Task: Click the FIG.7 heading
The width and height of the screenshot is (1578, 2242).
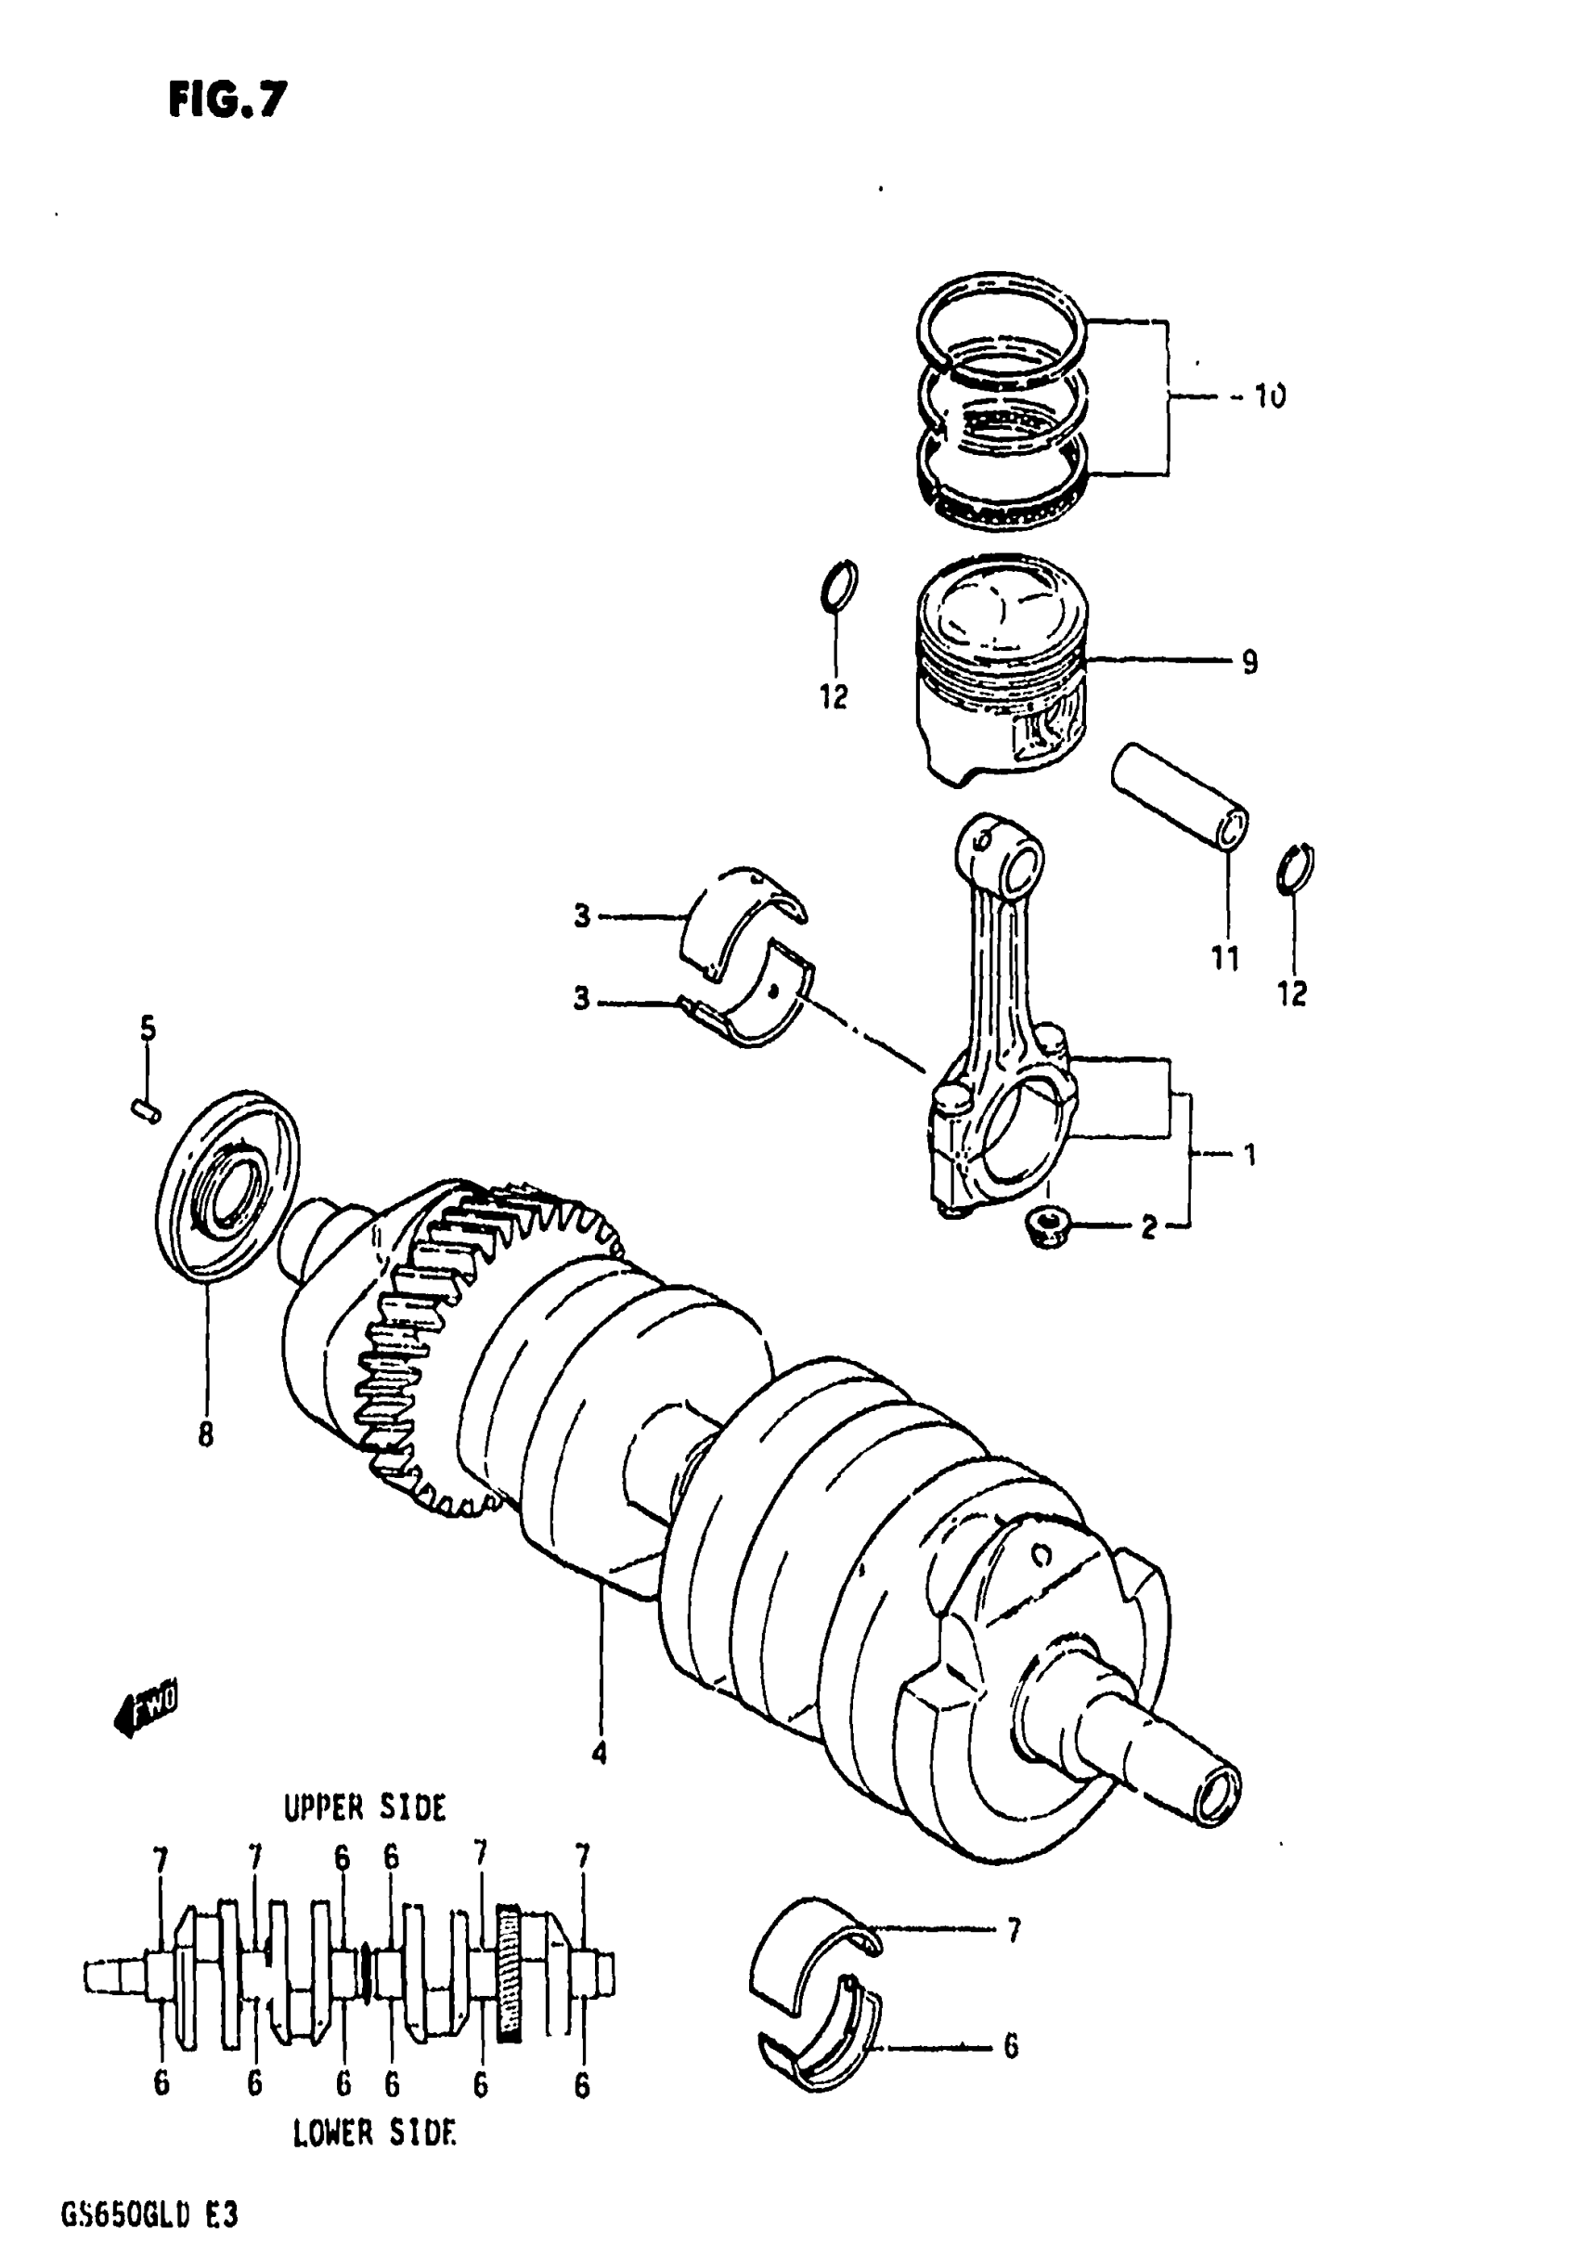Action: point(227,99)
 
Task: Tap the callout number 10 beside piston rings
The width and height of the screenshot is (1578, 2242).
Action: point(1270,396)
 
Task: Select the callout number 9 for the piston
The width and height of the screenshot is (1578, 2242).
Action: point(1250,663)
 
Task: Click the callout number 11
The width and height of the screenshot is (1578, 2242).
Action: point(1224,959)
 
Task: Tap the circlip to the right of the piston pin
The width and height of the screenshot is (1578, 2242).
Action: point(1296,867)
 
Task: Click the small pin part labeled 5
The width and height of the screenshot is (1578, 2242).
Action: point(146,1110)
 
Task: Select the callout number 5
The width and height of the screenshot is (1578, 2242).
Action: point(148,1029)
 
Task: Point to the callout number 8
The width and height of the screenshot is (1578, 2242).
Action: point(205,1435)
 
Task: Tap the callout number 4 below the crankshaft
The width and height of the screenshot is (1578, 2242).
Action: point(600,1754)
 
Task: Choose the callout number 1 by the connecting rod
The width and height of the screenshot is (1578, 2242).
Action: point(1248,1155)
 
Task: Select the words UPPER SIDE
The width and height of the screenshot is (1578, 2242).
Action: point(364,1808)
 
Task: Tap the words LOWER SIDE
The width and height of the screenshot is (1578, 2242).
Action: point(373,2134)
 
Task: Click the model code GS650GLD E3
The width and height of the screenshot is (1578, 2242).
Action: point(149,2213)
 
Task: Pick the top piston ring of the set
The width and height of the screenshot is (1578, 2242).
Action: point(1002,321)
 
